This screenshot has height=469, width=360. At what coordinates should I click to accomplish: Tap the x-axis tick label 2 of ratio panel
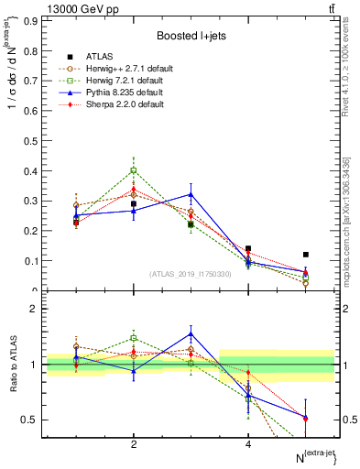pos(134,444)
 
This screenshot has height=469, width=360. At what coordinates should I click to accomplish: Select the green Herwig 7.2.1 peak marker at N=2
pos(134,170)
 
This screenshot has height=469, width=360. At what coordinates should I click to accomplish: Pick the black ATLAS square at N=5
pos(306,255)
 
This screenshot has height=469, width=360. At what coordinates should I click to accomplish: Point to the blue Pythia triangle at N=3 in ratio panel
pos(191,333)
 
